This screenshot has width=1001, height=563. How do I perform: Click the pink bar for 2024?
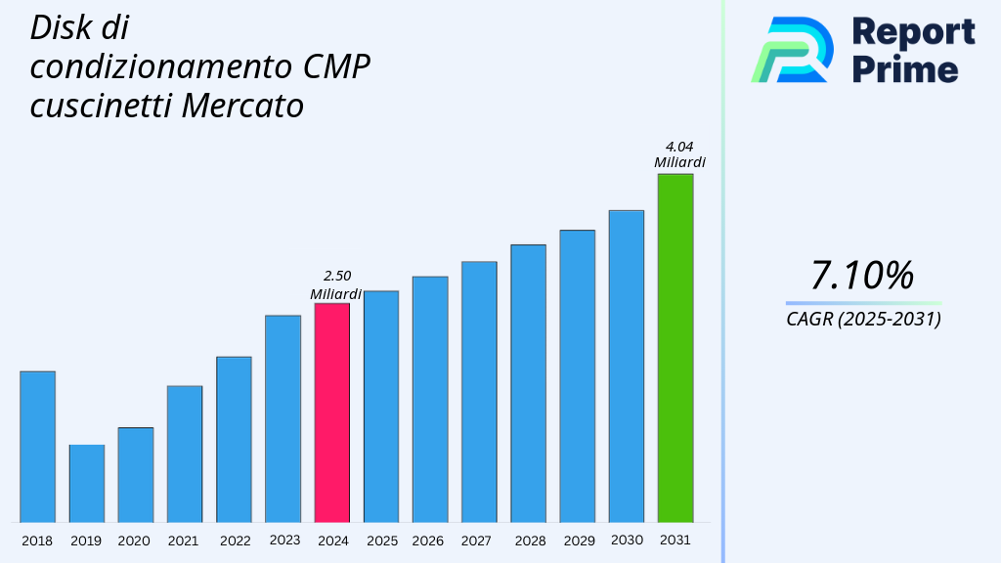331,412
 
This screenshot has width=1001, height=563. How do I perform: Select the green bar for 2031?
675,348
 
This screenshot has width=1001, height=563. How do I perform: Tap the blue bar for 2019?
86,483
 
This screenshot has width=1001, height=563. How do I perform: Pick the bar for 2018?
37,447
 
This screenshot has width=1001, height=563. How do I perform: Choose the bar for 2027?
479,391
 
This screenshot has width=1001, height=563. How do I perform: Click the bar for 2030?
626,366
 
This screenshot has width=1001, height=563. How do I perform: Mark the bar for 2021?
185,454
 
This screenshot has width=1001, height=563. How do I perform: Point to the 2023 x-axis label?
284,541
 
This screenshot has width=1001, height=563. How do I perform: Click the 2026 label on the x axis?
428,541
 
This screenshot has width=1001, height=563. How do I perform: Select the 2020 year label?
134,541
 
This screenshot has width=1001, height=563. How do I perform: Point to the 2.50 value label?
336,276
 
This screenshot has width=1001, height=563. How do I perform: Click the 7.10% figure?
862,276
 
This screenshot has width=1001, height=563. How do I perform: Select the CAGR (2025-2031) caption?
863,320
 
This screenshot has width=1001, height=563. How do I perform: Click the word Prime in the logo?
905,69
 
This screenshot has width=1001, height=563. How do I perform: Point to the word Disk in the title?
57,27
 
